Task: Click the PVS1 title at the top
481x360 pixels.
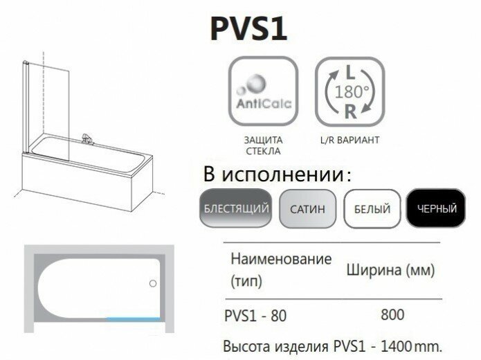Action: (248, 29)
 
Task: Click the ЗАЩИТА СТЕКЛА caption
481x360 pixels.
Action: (262, 145)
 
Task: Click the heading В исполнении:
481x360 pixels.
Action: (278, 174)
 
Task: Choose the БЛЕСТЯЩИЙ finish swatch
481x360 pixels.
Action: (236, 208)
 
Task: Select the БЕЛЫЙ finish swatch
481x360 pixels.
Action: (372, 208)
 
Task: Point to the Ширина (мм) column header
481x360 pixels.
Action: (390, 270)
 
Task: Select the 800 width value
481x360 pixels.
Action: (392, 315)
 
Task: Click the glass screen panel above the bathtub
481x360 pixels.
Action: (48, 104)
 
